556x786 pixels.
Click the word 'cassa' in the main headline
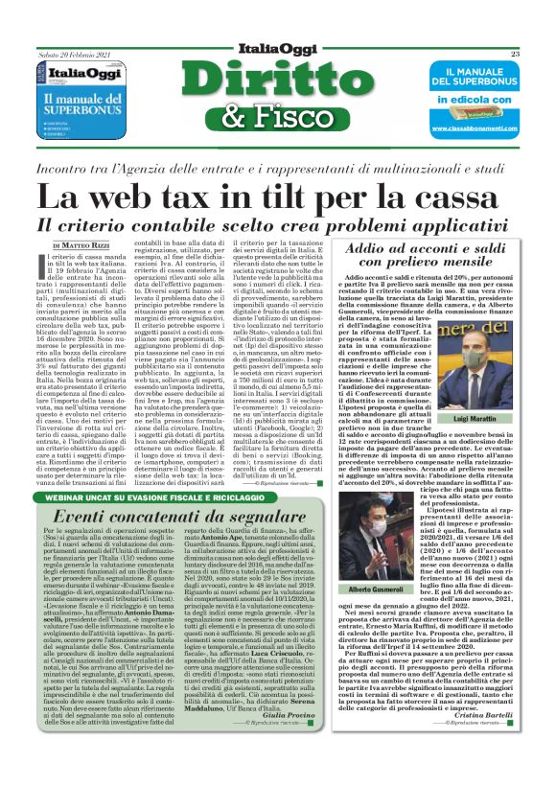pos(455,197)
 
